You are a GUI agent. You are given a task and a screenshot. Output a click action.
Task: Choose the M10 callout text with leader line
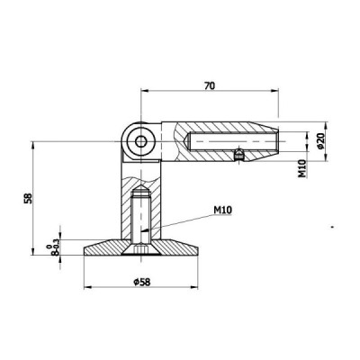223,211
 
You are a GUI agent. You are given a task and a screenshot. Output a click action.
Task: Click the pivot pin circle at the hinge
142,140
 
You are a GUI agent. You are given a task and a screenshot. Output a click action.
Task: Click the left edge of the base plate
86,250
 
